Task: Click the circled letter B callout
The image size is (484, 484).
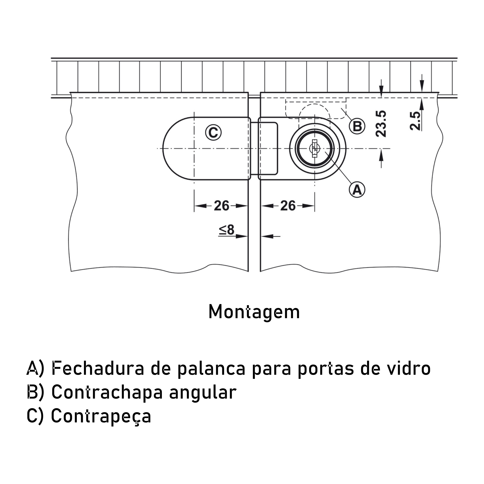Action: (357, 126)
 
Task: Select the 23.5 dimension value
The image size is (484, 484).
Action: (381, 124)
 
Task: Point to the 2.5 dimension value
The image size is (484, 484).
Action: (415, 121)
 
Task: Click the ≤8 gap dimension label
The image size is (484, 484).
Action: (227, 230)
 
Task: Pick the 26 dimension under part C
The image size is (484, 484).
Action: (221, 206)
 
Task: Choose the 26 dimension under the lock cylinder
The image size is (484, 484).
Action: (288, 206)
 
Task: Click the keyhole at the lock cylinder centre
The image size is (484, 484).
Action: (315, 148)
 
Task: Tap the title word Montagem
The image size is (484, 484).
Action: (254, 312)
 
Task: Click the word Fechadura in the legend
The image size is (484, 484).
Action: (98, 368)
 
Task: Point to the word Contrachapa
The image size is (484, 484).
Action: (107, 392)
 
